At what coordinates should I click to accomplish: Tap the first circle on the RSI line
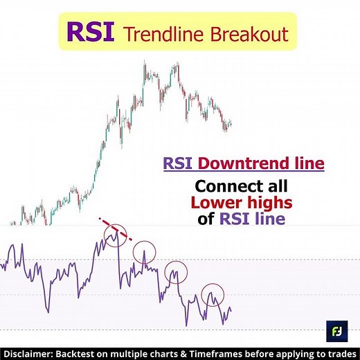pos(115,237)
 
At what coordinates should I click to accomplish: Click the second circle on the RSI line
pos(145,251)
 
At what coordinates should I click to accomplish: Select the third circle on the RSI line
pos(178,271)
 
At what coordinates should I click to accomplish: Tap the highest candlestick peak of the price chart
pos(145,64)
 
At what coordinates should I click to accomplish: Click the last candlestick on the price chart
pos(231,123)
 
